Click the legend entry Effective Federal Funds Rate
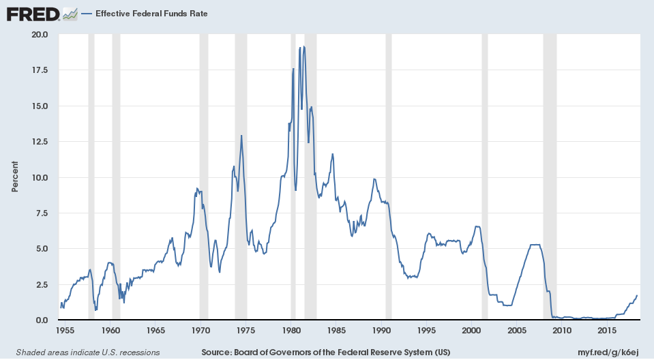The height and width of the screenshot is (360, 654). click(151, 14)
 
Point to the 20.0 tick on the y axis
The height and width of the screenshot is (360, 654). click(40, 35)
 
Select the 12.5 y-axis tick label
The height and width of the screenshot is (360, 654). click(40, 142)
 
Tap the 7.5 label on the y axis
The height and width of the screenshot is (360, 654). click(42, 213)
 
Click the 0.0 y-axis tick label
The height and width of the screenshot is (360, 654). click(42, 320)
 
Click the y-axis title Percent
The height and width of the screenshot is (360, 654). click(15, 177)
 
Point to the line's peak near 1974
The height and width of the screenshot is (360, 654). click(241, 136)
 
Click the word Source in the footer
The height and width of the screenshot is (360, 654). click(218, 352)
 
